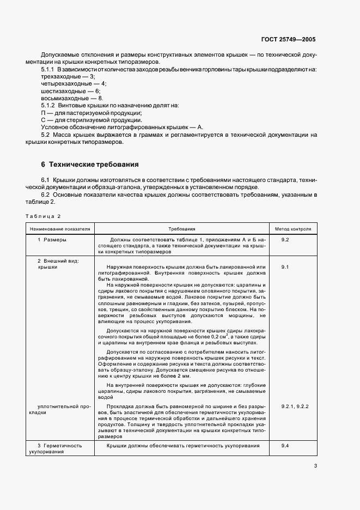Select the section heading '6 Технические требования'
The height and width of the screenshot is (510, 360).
point(90,164)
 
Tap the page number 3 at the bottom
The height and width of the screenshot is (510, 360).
point(315,465)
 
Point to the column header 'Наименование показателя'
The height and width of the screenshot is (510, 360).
point(60,229)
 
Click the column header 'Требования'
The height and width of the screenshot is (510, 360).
point(182,229)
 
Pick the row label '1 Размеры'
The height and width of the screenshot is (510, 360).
point(52,240)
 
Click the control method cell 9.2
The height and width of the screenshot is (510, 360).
point(285,240)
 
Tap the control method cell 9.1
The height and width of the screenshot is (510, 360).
point(285,267)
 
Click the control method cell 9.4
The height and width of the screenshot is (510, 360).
point(285,446)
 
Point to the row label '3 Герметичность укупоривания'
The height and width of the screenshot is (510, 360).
point(59,448)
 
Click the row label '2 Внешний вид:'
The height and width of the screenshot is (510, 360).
point(58,260)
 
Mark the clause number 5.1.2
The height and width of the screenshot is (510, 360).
point(50,105)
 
